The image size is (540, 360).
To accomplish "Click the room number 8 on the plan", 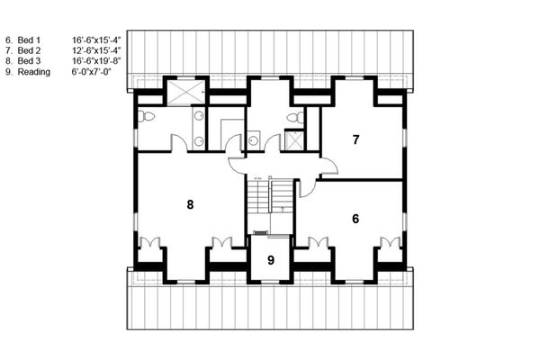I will (190, 205).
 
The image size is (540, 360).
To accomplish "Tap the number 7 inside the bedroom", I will (356, 139).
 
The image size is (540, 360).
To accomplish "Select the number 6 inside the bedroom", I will (355, 219).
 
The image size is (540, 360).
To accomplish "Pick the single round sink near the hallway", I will (255, 139).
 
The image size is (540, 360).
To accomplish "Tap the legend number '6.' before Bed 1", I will (9, 40).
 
